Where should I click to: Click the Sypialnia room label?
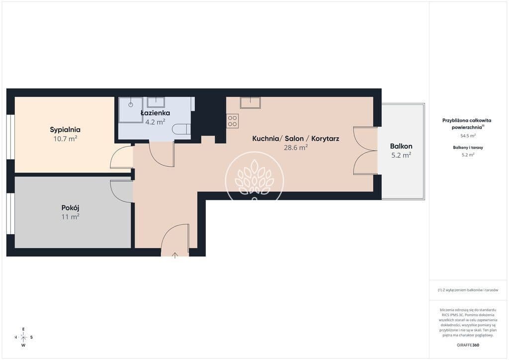(x=65, y=130)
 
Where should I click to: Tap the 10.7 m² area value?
(x=65, y=139)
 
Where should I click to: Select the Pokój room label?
(x=71, y=208)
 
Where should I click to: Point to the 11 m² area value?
(x=71, y=216)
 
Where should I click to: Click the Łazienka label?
(x=155, y=113)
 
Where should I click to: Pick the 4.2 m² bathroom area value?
(x=155, y=122)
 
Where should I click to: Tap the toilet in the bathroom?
(x=181, y=129)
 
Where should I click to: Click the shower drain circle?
(x=131, y=105)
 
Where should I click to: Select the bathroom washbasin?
(x=156, y=102)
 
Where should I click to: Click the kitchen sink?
(x=250, y=102)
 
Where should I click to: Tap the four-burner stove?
(x=233, y=121)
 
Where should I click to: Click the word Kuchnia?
(x=265, y=139)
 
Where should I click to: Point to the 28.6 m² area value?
(x=296, y=148)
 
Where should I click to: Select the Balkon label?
(x=401, y=146)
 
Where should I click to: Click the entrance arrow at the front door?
(x=175, y=255)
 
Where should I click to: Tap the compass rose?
(x=23, y=337)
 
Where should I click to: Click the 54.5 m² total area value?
(x=468, y=136)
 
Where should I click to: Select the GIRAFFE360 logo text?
(x=468, y=345)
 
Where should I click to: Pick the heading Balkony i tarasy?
(x=468, y=147)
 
